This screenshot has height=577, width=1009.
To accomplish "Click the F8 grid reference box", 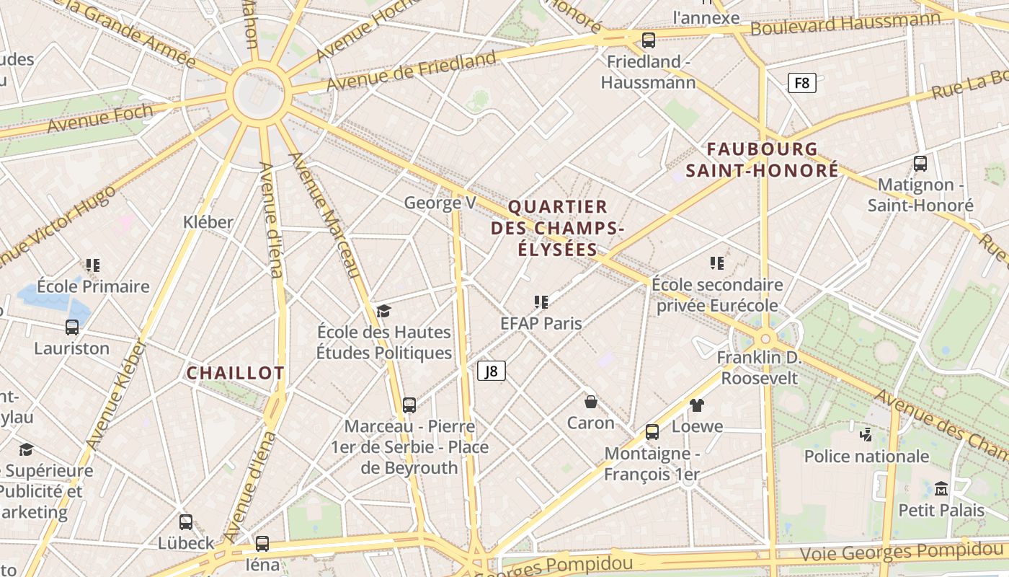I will [801, 83].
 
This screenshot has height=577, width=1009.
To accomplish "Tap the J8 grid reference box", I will [491, 371].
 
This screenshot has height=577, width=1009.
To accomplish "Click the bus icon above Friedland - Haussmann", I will [649, 40].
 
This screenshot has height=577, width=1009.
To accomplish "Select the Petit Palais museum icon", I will [941, 489].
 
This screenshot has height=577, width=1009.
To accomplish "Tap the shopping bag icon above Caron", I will [591, 402].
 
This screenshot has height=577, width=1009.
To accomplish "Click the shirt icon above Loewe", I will [696, 405].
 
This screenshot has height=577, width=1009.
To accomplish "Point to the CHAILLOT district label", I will [236, 373].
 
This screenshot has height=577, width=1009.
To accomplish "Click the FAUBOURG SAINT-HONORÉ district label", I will [762, 160].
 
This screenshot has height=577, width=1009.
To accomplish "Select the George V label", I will [440, 203].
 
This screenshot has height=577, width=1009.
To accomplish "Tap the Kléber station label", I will [208, 221].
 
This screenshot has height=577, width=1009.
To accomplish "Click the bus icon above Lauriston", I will [72, 327].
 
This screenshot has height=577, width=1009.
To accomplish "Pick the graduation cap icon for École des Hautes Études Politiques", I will [383, 311].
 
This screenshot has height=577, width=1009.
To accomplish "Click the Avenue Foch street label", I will [100, 118].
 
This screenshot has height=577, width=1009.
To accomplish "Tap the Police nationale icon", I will [866, 434].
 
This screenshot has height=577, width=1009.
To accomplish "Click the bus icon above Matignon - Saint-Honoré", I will [920, 164].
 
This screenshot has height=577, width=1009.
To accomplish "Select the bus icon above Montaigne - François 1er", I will [652, 432].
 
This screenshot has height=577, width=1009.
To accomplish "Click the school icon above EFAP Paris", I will [541, 302].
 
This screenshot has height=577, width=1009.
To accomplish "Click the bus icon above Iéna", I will [262, 544].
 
